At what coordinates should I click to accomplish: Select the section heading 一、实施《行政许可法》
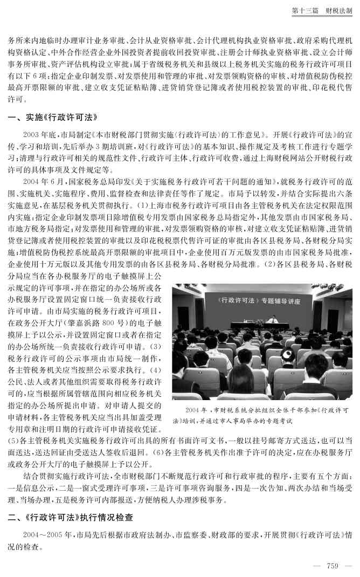click(x=52, y=117)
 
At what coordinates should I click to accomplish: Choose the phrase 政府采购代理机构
click(x=321, y=41)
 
